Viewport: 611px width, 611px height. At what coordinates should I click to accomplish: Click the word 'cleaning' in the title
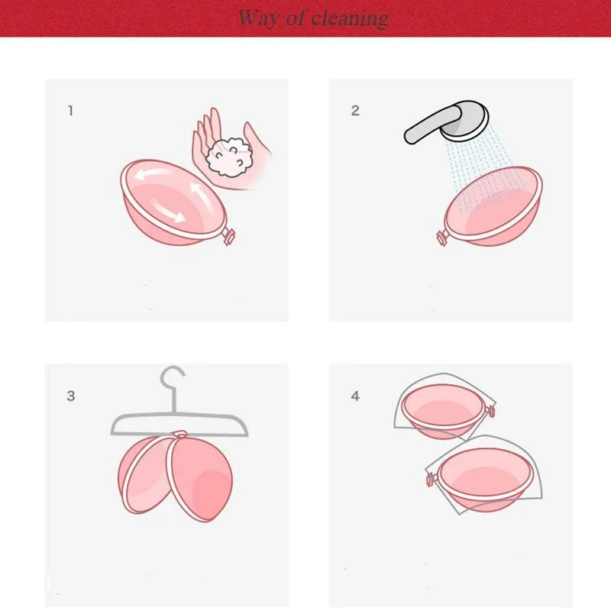point(351,18)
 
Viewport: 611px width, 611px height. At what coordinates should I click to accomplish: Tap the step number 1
point(71,111)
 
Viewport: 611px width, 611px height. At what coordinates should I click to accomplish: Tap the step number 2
point(355,111)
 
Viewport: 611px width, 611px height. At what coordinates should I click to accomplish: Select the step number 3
point(71,396)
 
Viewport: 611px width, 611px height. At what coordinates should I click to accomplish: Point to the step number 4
point(355,396)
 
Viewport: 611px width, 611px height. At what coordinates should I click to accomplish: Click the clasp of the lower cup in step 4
point(429,480)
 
